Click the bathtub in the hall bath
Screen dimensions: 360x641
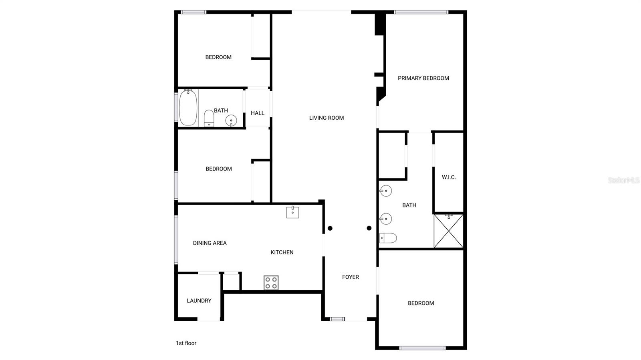click(188, 108)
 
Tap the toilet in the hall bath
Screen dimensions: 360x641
click(209, 118)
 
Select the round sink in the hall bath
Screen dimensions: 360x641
click(231, 120)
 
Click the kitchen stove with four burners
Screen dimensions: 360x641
click(271, 283)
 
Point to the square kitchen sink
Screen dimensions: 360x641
click(292, 212)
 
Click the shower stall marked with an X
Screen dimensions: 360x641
click(449, 231)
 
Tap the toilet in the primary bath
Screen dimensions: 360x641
click(388, 238)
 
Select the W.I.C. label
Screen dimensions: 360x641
click(449, 177)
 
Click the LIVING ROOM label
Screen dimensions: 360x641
click(327, 118)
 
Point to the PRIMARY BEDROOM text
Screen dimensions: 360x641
click(423, 78)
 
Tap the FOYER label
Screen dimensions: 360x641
click(351, 277)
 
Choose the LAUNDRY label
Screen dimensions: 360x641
click(199, 300)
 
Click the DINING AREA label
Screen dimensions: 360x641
click(210, 243)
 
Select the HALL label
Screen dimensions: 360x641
click(258, 113)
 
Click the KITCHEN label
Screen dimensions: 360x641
click(282, 252)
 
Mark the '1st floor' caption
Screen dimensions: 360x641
click(186, 343)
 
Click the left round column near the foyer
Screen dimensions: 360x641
click(330, 228)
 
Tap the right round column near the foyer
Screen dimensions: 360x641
click(369, 228)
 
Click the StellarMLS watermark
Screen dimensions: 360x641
click(624, 180)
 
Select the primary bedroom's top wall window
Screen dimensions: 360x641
click(421, 12)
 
